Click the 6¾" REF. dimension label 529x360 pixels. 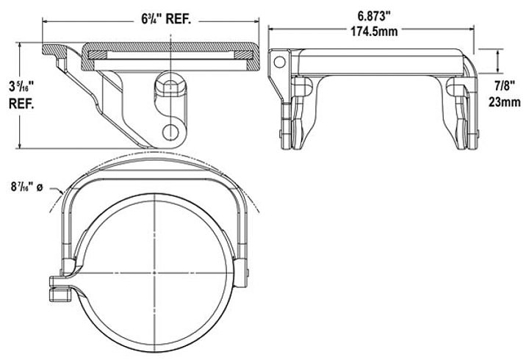[x=166, y=19]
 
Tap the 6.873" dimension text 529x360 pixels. [x=374, y=15]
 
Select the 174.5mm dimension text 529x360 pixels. [x=374, y=32]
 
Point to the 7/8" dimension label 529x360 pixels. [x=504, y=86]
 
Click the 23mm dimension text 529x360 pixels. [x=504, y=101]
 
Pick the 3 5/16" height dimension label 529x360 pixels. [x=21, y=86]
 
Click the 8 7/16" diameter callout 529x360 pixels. [x=26, y=187]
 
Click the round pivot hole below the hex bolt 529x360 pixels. [x=170, y=132]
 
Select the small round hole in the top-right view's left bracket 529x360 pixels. [x=279, y=62]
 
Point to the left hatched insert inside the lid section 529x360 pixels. [x=97, y=54]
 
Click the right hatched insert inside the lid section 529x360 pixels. [x=243, y=54]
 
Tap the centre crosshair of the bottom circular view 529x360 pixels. [x=154, y=273]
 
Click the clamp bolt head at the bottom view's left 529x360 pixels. [x=60, y=295]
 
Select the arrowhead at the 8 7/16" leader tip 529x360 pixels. [x=61, y=192]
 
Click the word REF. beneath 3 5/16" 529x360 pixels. [x=21, y=104]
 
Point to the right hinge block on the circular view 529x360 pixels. [x=241, y=273]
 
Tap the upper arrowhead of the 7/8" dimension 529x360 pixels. [x=498, y=51]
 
